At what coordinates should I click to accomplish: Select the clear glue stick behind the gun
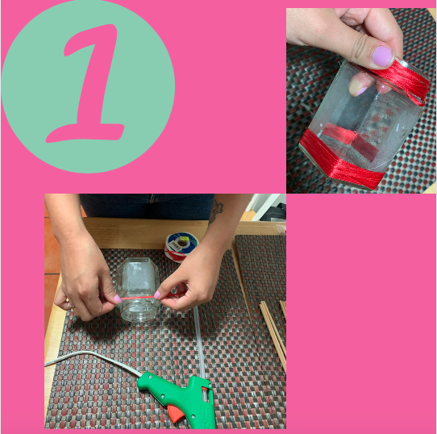point(199,343)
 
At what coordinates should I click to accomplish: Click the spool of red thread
point(178,248)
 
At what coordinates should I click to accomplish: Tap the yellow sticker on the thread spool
point(183,239)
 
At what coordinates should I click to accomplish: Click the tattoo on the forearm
point(216,212)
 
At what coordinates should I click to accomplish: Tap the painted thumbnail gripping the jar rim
point(382,56)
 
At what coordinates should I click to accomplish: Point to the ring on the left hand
point(71,306)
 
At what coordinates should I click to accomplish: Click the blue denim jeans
point(148,206)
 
